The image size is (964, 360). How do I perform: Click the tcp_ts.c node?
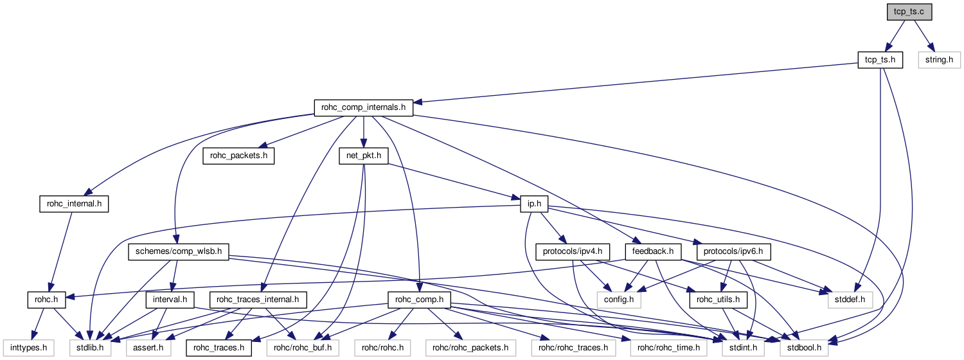[x=907, y=12]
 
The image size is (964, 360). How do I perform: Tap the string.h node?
[x=939, y=60]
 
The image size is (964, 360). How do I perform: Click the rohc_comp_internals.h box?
[x=363, y=107]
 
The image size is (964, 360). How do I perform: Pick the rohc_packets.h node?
[x=238, y=156]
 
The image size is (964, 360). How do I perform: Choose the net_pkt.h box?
[x=363, y=156]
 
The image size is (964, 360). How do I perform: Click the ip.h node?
[x=534, y=204]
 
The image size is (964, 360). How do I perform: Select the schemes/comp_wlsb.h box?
[x=178, y=251]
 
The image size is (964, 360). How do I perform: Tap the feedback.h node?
[x=653, y=251]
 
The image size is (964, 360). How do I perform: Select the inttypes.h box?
[x=27, y=348]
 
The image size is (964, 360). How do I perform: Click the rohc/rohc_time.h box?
[x=670, y=348]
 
